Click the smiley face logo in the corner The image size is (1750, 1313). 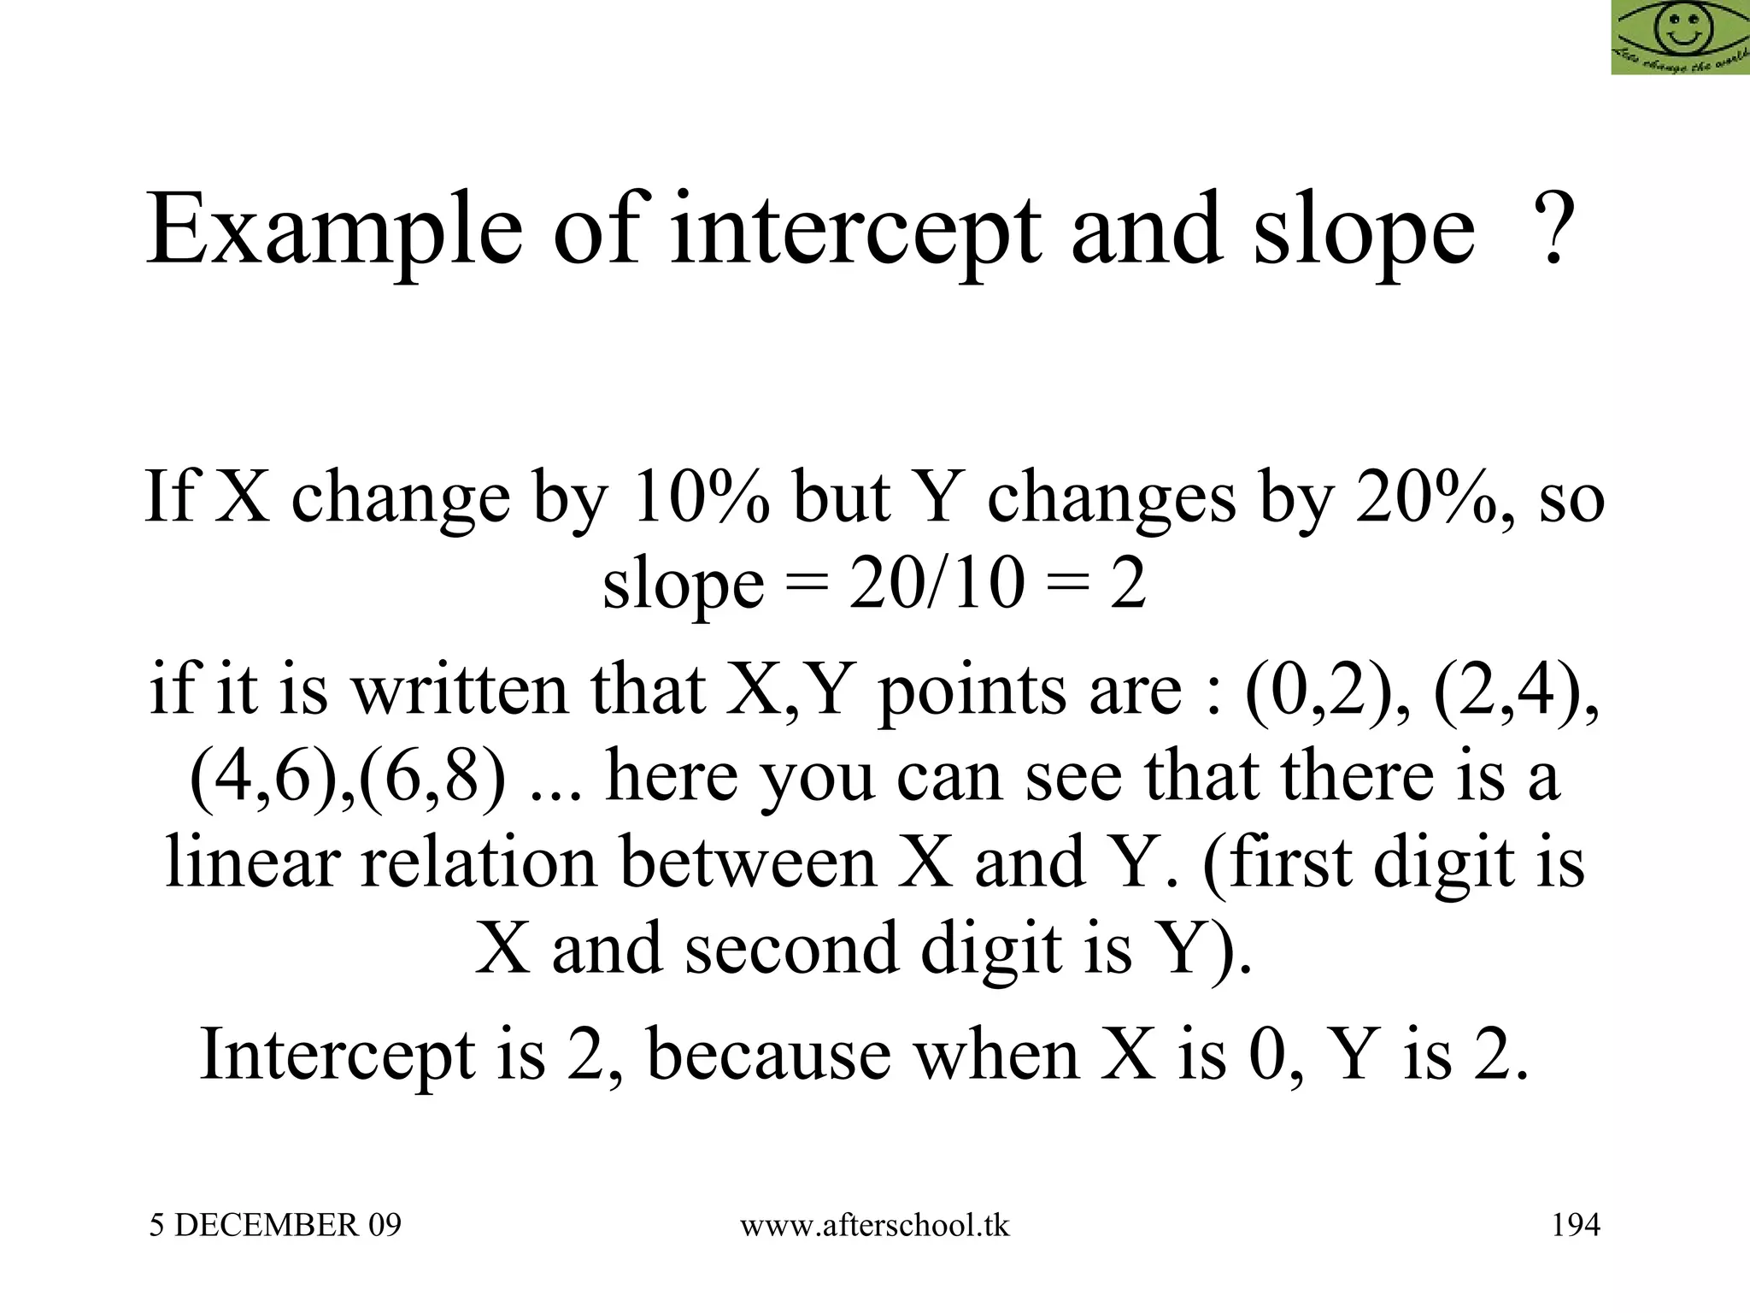point(1680,37)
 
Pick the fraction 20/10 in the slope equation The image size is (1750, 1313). point(937,585)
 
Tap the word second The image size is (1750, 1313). point(791,949)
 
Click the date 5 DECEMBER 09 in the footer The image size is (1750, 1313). point(275,1226)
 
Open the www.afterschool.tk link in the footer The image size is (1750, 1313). point(874,1226)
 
